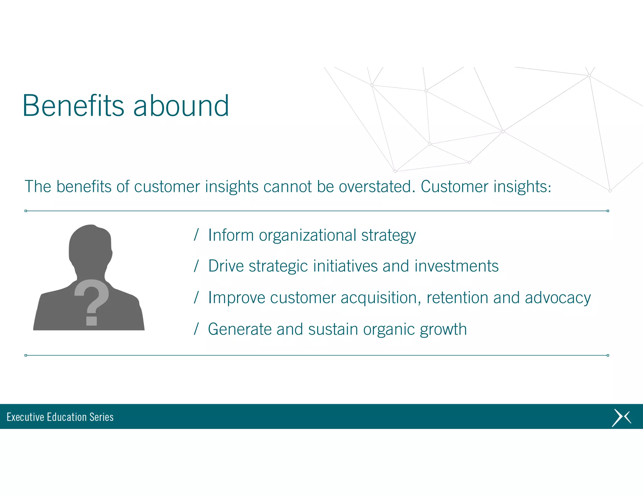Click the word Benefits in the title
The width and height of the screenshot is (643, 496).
[73, 106]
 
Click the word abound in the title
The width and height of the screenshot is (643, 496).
[181, 106]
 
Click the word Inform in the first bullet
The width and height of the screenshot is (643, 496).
[231, 235]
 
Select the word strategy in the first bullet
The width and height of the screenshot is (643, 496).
[388, 236]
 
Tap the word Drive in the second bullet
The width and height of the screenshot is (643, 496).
[226, 266]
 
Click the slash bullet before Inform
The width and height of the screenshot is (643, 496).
[196, 235]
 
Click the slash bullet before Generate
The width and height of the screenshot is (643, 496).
[196, 329]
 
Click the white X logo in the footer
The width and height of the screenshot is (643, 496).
[621, 418]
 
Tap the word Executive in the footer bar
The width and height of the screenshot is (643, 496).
[25, 417]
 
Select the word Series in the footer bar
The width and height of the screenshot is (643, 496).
[101, 417]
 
